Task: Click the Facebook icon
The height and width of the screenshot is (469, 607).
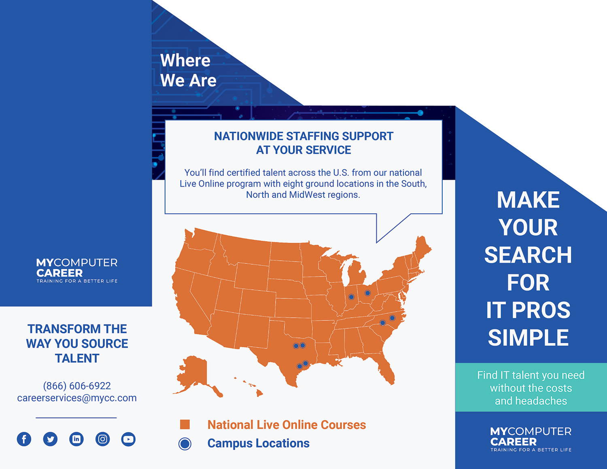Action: [x=24, y=439]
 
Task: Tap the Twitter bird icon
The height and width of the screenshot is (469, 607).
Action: [x=50, y=439]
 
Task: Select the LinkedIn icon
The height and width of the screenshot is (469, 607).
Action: [x=76, y=439]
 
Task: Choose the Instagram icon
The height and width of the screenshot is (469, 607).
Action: [x=102, y=439]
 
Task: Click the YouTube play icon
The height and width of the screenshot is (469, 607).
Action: [x=129, y=439]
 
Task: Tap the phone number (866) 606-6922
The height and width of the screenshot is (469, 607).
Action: [x=77, y=386]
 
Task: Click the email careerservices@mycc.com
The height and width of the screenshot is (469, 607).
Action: [x=77, y=398]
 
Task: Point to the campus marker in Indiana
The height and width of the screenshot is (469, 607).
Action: [x=351, y=297]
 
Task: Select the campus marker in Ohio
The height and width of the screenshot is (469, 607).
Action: [x=367, y=293]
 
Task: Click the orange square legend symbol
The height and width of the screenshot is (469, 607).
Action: [x=185, y=424]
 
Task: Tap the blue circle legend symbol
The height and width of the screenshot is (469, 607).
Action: [x=185, y=444]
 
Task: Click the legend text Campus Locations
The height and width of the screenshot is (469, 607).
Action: [x=259, y=443]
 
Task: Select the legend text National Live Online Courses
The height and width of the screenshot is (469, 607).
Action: [x=287, y=424]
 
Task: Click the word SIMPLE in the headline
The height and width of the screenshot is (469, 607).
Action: [x=528, y=337]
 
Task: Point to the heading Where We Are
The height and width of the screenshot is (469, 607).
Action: [x=188, y=70]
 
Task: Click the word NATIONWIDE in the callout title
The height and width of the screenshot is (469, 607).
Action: [x=248, y=136]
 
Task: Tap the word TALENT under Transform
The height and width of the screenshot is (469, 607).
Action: [x=77, y=359]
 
